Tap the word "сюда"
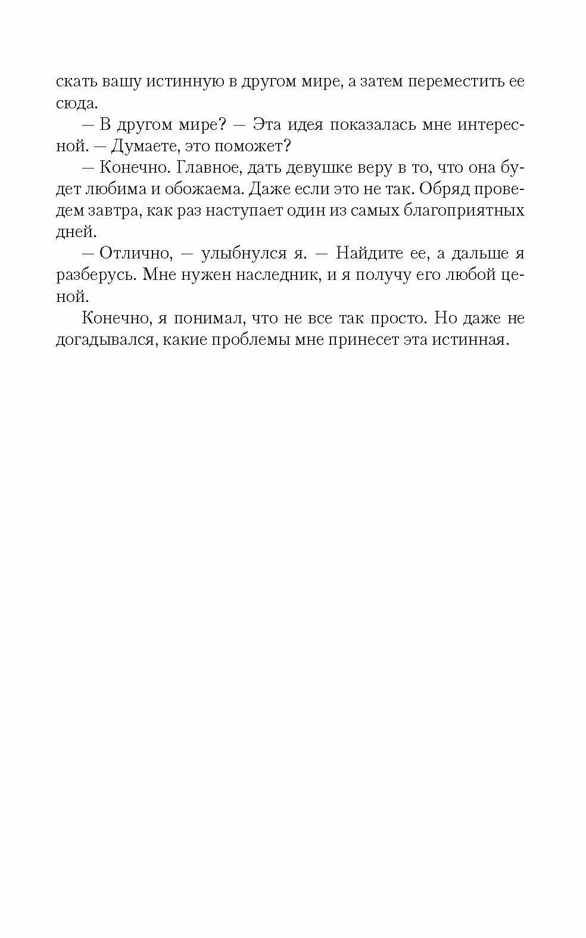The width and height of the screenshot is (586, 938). tap(76, 103)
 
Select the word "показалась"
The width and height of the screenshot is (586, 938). tap(372, 125)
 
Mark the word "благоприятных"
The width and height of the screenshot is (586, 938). tap(457, 211)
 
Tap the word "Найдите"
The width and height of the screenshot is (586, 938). tap(379, 254)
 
